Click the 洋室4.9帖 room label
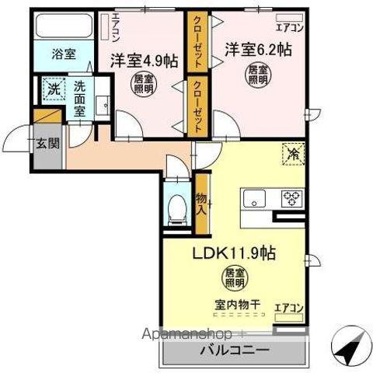coord(142,58)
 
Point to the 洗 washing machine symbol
coord(54,89)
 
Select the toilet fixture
coord(178,207)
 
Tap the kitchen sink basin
coord(256,200)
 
